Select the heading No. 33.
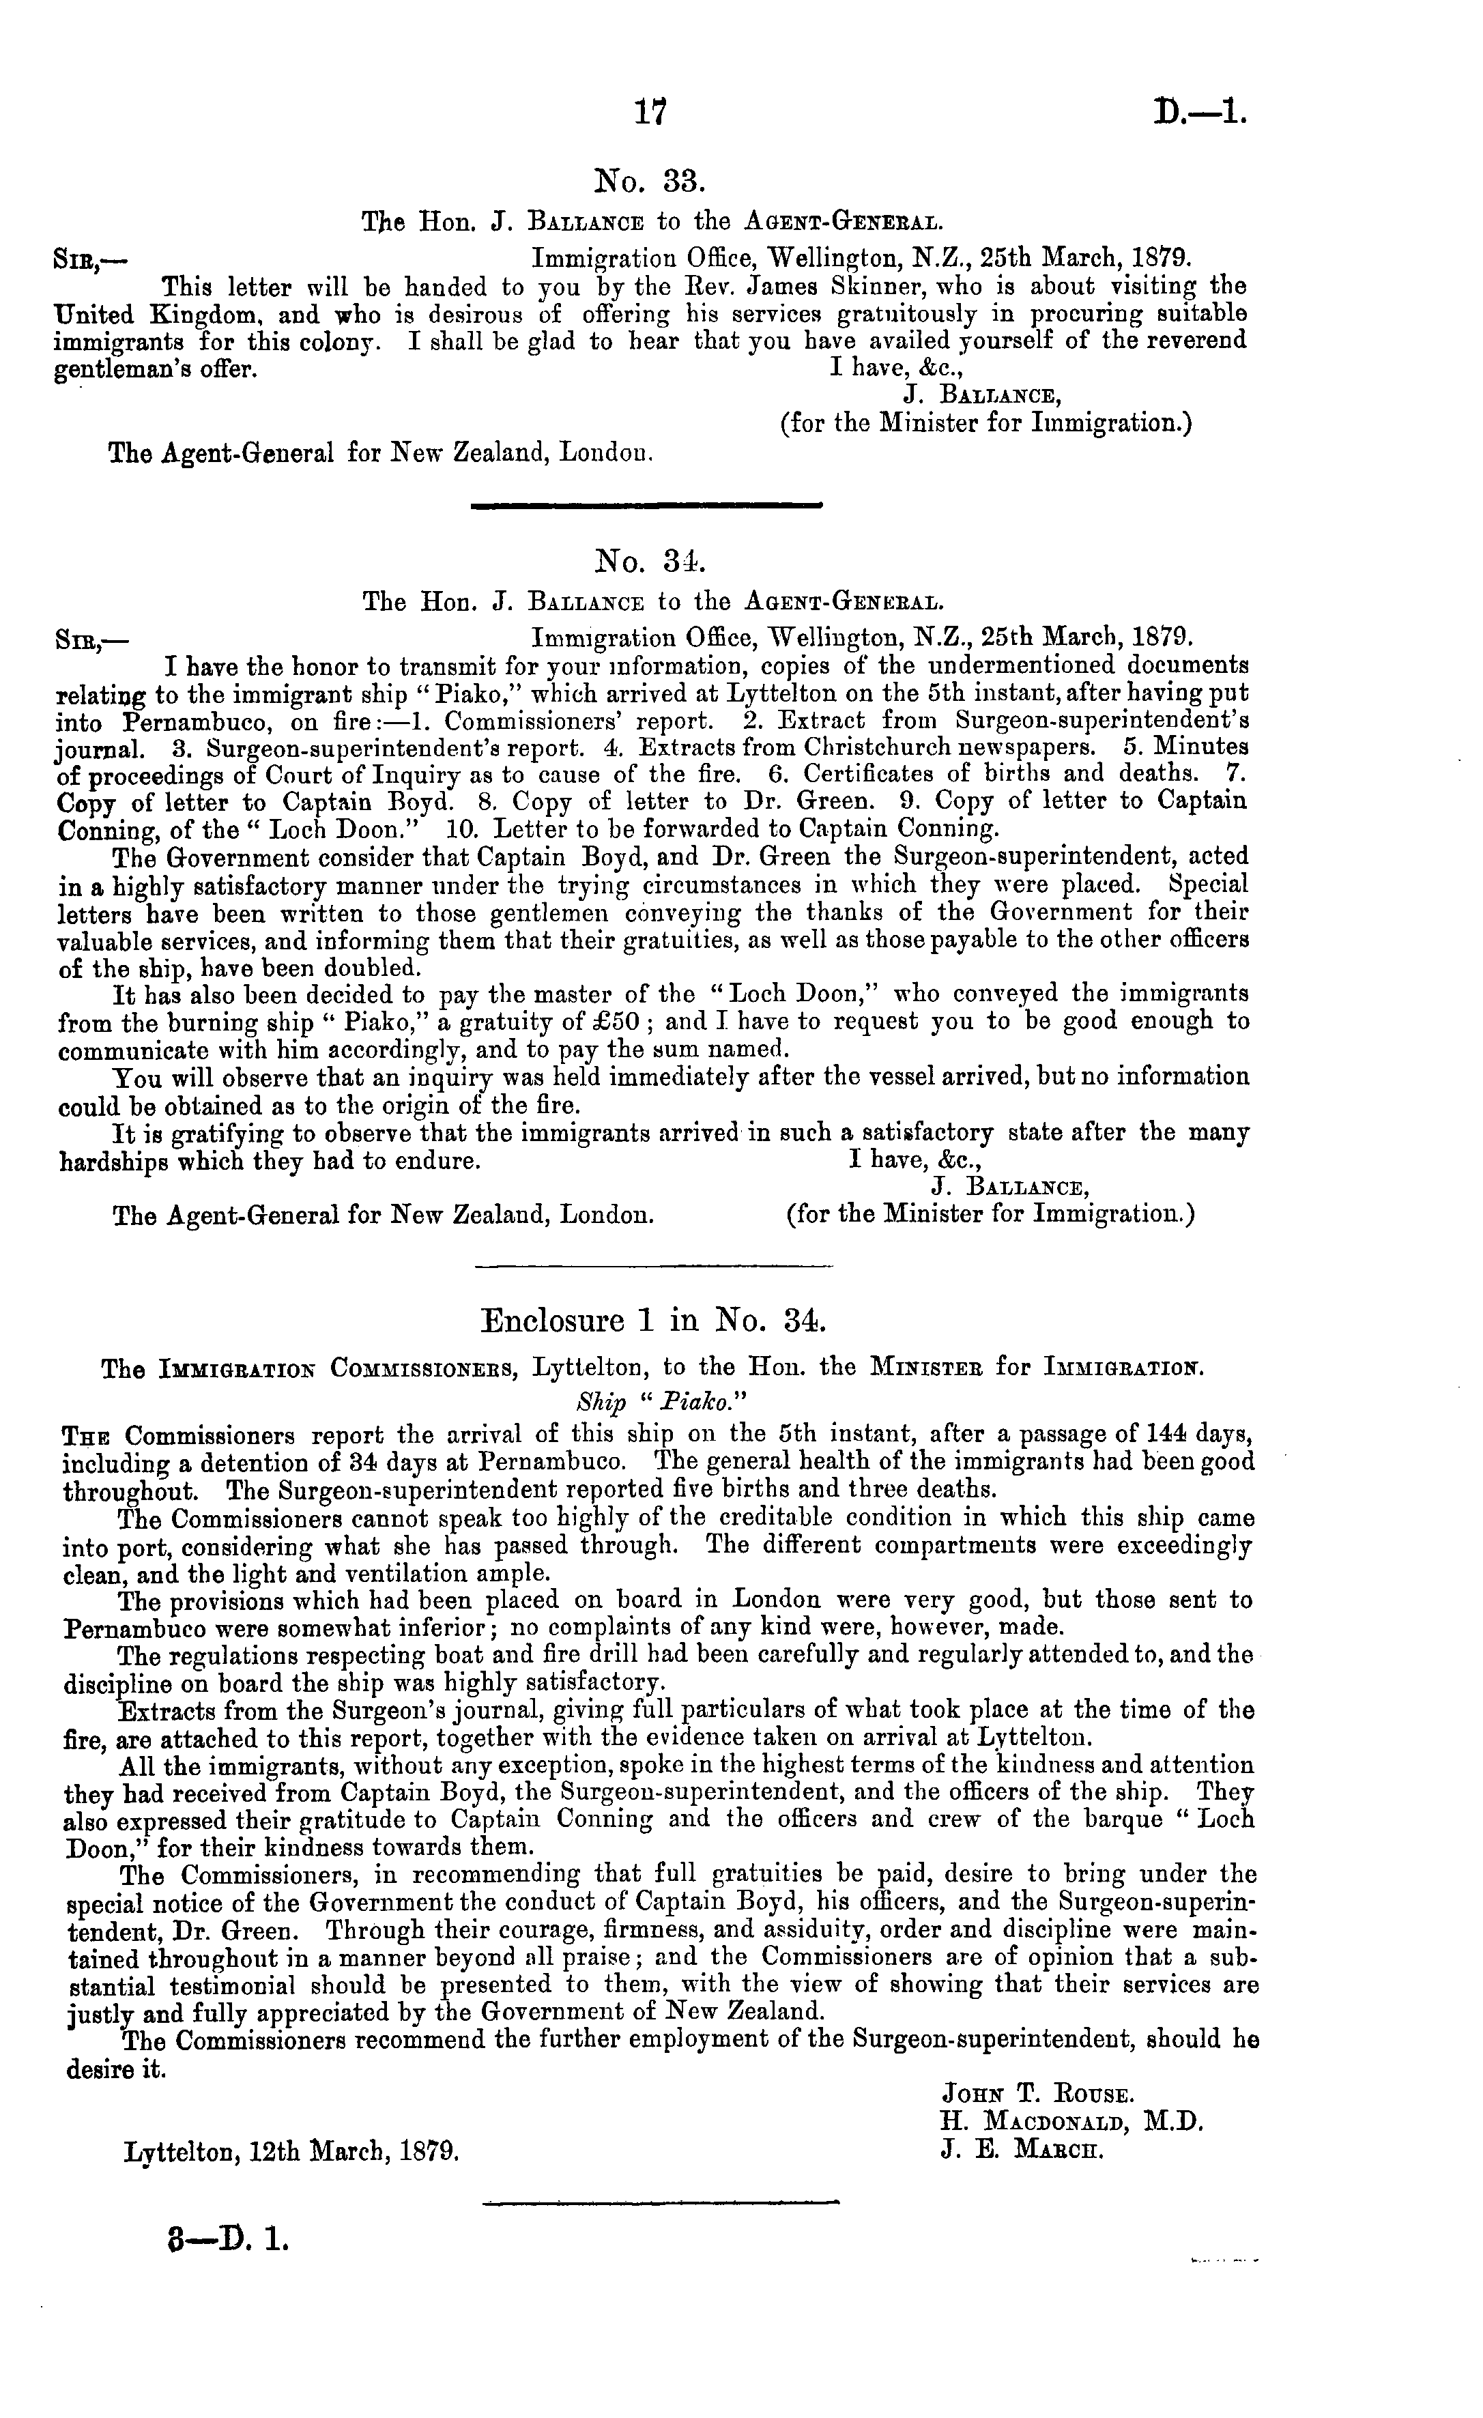pyautogui.click(x=650, y=182)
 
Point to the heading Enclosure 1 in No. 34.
pyautogui.click(x=654, y=1320)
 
